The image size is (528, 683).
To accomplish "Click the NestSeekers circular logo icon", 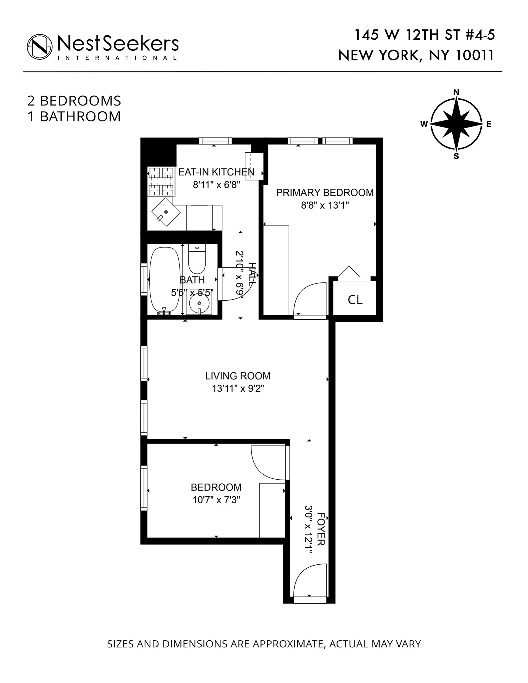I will tap(40, 46).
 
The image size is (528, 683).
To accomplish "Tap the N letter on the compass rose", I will tap(456, 92).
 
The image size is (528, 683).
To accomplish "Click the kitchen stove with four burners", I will tap(161, 181).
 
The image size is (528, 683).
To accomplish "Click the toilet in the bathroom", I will tap(197, 259).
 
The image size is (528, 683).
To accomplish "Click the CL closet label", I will tap(355, 300).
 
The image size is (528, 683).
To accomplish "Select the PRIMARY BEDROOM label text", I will tap(325, 193).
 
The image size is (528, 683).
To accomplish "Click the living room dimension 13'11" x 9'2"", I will tap(238, 389).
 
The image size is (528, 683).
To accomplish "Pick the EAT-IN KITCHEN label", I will tap(216, 172).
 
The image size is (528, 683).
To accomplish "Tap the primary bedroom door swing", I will tap(310, 299).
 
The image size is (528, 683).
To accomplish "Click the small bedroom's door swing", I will tap(268, 463).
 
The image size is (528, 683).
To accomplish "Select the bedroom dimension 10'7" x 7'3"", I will tap(216, 500).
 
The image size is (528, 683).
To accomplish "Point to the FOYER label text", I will tap(321, 529).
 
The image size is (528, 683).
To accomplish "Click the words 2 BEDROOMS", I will tap(74, 101).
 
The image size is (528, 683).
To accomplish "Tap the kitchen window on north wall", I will tap(215, 141).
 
